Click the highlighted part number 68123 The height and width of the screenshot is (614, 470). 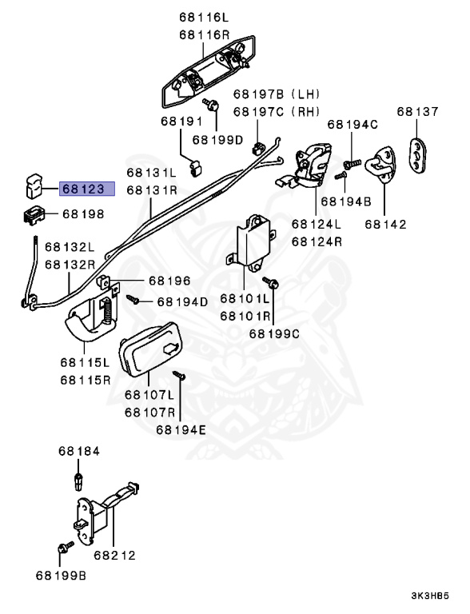tap(85, 189)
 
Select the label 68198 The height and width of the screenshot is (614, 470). tap(83, 214)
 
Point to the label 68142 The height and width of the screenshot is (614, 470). tap(385, 225)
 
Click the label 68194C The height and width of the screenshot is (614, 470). tap(352, 125)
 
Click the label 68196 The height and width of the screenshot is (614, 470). tap(169, 281)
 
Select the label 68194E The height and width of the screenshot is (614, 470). tap(181, 429)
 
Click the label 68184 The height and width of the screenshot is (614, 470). tap(78, 452)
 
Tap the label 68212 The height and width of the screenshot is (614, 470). tap(114, 555)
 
